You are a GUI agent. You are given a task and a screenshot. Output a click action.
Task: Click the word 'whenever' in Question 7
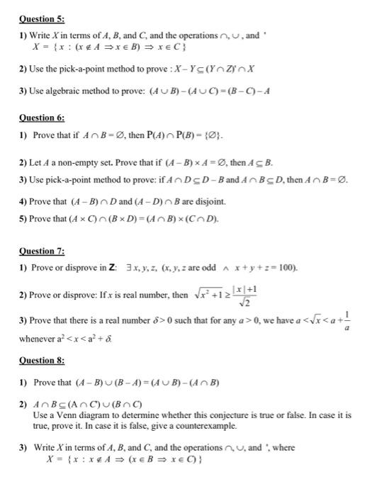36,339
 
